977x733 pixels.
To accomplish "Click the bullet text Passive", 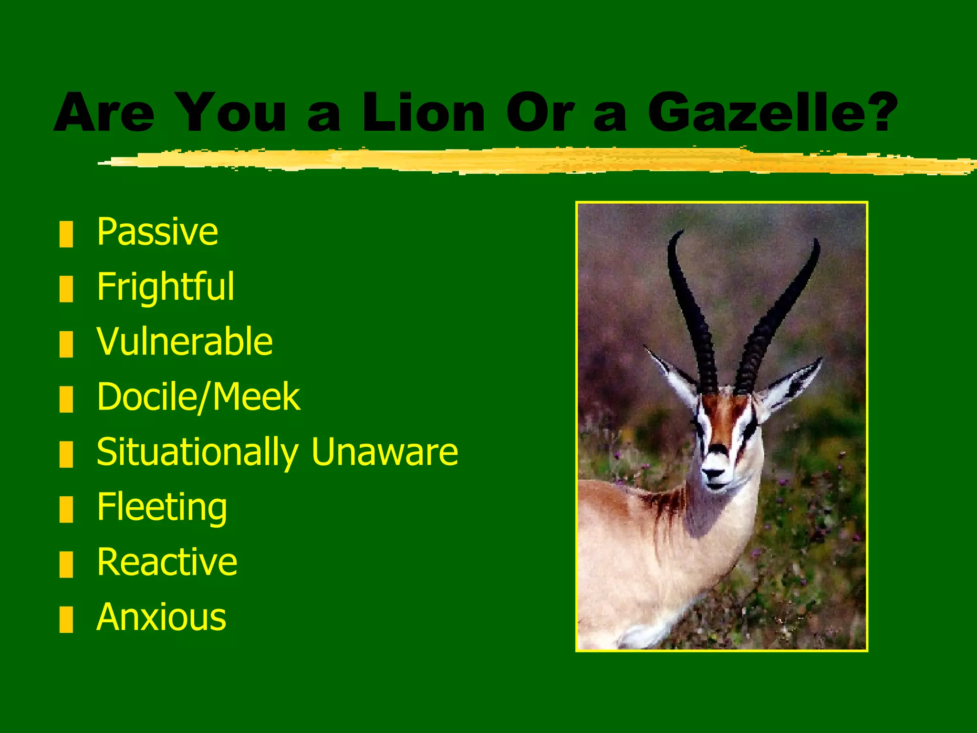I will (157, 232).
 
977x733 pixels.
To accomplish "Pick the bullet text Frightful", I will (165, 287).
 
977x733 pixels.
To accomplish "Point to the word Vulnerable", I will (184, 342).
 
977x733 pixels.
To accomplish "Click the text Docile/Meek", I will (198, 397).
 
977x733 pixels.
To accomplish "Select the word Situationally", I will (197, 452).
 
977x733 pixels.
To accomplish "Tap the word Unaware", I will (385, 452).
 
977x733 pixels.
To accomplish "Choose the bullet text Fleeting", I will (162, 507).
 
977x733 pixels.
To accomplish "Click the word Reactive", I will (167, 562).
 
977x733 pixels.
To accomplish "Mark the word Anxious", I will (161, 617).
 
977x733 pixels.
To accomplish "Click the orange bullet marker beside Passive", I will (66, 234).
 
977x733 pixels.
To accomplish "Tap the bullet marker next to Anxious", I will (66, 619).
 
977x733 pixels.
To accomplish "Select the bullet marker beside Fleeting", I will (66, 509).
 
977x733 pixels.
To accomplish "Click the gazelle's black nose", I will (714, 474).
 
